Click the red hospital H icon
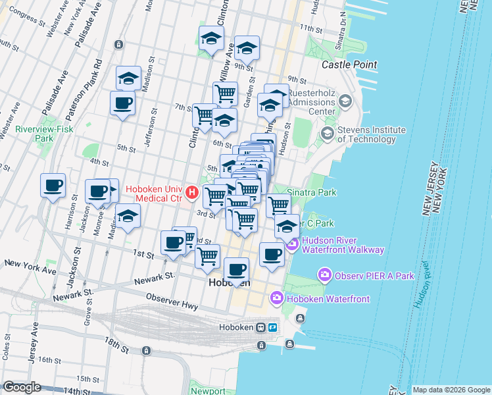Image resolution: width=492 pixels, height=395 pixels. pos(192,193)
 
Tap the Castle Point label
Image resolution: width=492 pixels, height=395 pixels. pos(349,65)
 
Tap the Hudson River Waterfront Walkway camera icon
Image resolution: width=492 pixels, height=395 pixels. pos(291,244)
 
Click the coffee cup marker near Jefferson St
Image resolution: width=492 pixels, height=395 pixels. pos(123,103)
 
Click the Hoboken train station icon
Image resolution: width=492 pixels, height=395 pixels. pos(261,327)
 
